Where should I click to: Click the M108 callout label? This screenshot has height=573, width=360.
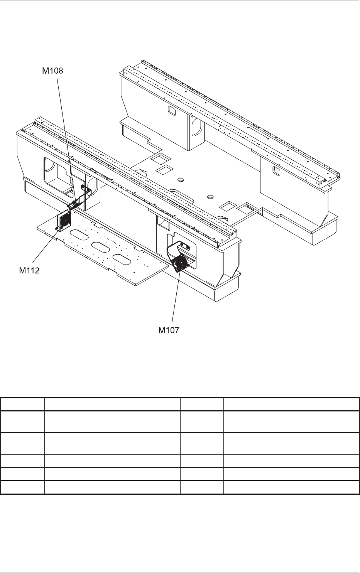(52, 71)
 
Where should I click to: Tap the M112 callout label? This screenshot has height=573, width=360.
(29, 270)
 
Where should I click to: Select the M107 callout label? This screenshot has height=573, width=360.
(169, 330)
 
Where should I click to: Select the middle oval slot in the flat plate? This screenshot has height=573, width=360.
(100, 245)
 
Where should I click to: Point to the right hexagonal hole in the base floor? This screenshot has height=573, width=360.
(210, 196)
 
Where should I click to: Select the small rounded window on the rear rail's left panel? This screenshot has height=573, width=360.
(171, 111)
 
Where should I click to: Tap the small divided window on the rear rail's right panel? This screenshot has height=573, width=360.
(276, 170)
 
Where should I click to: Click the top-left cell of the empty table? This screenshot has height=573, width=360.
(22, 404)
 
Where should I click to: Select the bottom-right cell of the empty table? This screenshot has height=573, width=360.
(291, 487)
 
